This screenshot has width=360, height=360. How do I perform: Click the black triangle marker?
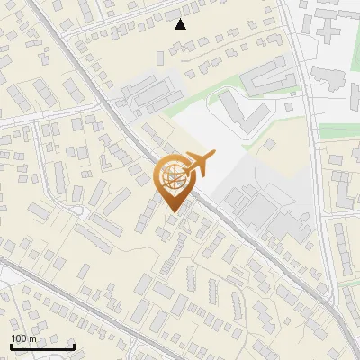(x=181, y=24)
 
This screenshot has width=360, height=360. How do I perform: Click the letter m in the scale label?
(x=33, y=338)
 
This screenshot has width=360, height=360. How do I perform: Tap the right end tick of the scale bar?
(x=74, y=346)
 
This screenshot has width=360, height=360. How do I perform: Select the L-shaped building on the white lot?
(x=236, y=110)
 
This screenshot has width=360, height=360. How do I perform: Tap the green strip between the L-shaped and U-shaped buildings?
(x=261, y=94)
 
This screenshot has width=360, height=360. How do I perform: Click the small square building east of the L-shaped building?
(x=289, y=109)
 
